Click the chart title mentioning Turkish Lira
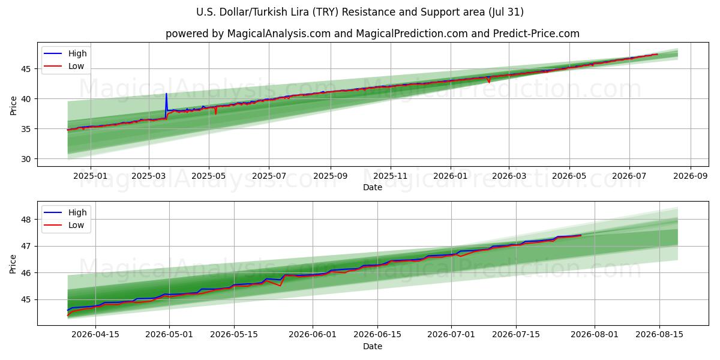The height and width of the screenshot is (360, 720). [x=359, y=12]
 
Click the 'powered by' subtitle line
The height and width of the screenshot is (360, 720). [x=373, y=34]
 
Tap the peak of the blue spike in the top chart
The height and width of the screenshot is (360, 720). [x=166, y=94]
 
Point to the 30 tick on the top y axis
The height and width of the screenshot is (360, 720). [x=26, y=159]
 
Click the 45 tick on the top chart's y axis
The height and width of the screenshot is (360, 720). [x=26, y=69]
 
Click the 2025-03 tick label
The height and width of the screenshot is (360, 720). [x=149, y=176]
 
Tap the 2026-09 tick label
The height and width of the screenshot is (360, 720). [x=691, y=176]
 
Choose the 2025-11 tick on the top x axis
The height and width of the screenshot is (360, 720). [x=391, y=176]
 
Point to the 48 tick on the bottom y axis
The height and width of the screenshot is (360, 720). [x=26, y=220]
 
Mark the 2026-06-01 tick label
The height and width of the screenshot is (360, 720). [x=313, y=335]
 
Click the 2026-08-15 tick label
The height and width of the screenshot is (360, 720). [x=659, y=335]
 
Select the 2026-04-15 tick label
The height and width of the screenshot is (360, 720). [x=95, y=335]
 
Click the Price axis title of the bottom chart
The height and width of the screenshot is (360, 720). [x=13, y=264]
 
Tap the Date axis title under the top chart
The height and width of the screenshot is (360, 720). [x=373, y=187]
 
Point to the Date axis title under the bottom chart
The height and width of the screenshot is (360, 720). [x=373, y=347]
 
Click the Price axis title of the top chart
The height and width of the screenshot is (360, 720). [x=13, y=106]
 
